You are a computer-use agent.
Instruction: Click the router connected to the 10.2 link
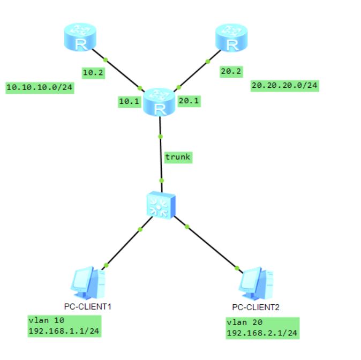[80, 38]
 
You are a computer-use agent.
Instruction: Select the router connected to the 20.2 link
[231, 38]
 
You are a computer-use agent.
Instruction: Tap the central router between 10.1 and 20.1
[159, 102]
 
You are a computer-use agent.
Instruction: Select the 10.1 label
[129, 101]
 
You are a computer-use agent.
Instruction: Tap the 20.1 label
[189, 101]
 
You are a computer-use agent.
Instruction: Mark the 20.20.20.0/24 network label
[284, 85]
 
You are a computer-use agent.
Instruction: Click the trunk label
[178, 157]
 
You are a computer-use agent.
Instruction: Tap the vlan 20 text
[244, 322]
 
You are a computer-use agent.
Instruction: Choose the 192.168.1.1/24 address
[63, 331]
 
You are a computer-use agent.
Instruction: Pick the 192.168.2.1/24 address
[262, 333]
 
